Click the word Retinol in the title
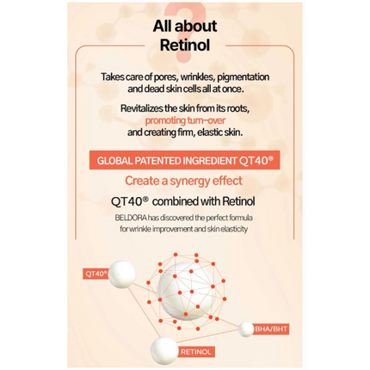(185, 46)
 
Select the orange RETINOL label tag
(196, 352)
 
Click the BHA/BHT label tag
(271, 329)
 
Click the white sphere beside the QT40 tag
(121, 274)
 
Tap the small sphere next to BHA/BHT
(246, 330)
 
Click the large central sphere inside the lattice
(186, 291)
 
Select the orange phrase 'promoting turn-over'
(185, 120)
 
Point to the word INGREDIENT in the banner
(209, 161)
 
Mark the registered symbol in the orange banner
(270, 157)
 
